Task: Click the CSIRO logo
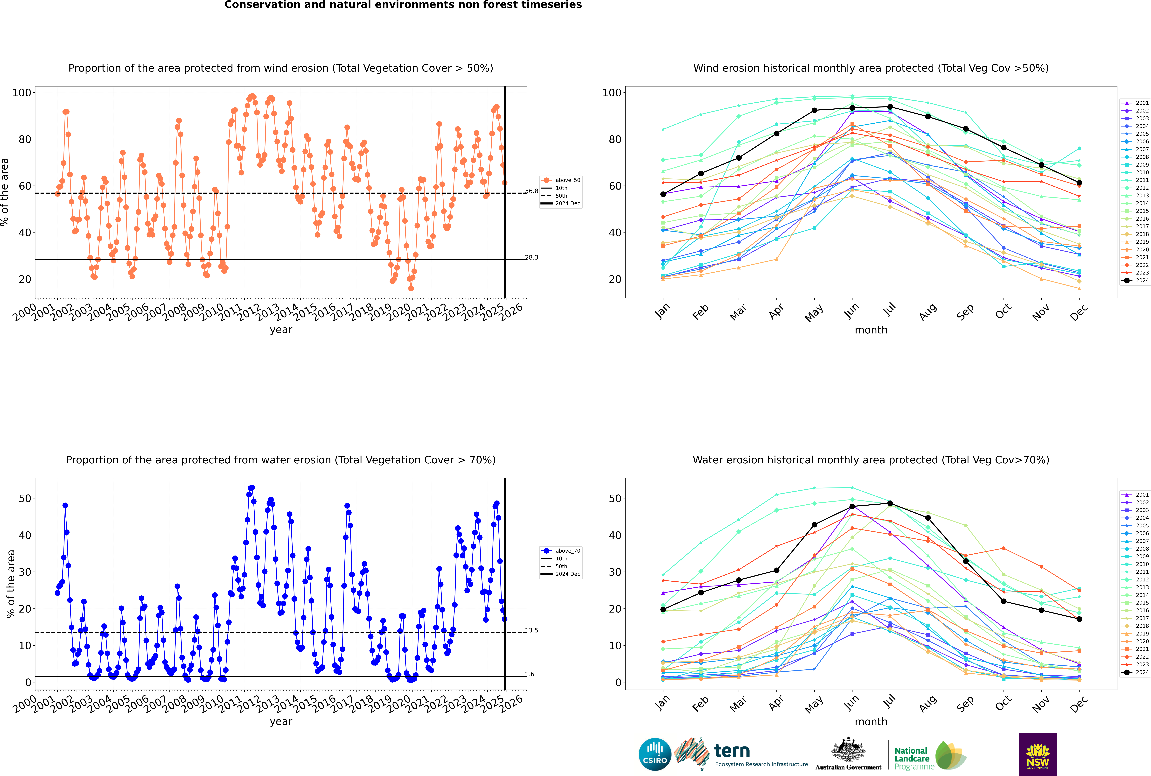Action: [655, 755]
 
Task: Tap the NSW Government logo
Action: [1038, 754]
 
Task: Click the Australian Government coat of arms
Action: [848, 750]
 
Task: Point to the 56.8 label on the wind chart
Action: [531, 191]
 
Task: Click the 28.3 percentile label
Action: [531, 257]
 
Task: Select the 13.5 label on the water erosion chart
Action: [531, 630]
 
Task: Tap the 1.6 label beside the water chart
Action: [530, 674]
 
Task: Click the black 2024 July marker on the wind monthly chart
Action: [890, 107]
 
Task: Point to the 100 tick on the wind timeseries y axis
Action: [22, 92]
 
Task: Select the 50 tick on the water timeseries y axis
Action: [25, 498]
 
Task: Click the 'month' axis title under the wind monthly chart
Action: [871, 330]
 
